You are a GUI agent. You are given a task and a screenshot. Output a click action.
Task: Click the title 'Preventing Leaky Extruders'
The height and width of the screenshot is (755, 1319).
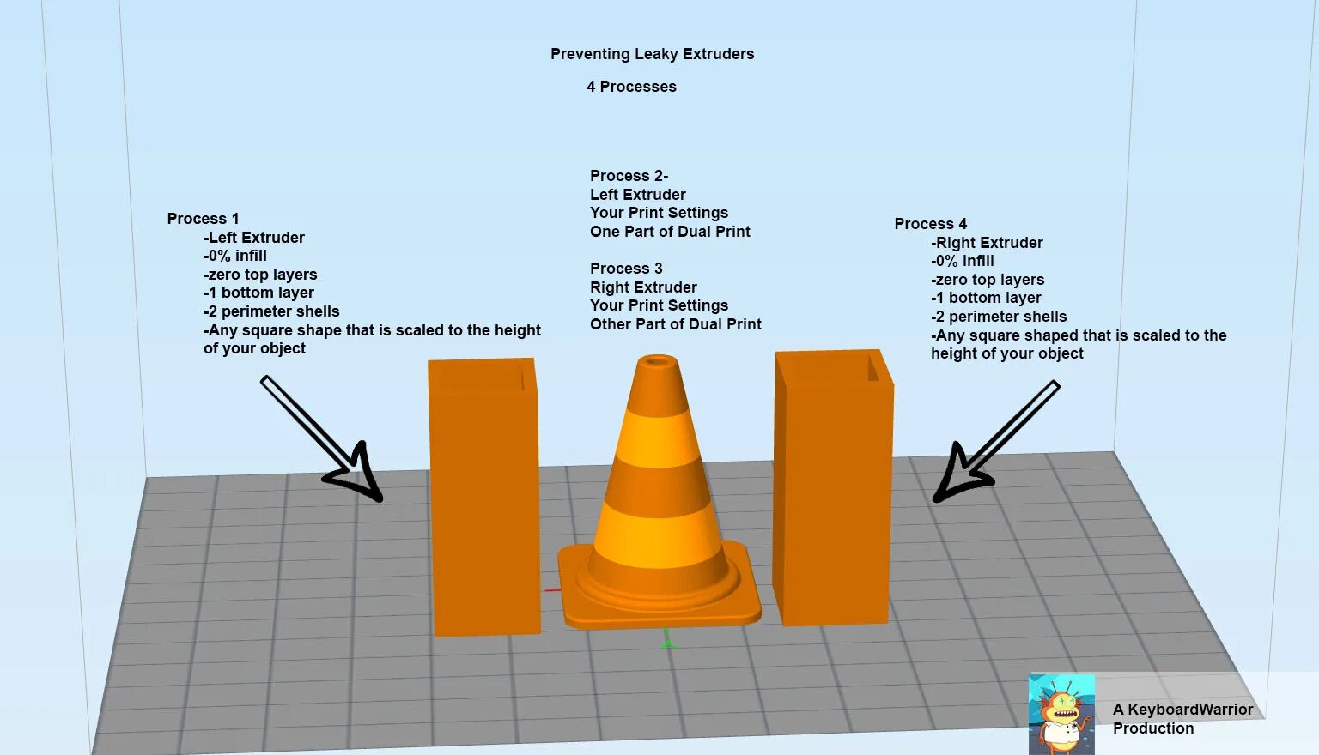point(652,54)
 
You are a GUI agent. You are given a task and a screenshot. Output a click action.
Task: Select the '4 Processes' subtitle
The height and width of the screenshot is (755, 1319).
point(631,87)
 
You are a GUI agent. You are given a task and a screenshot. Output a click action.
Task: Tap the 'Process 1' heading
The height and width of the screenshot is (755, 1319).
point(203,219)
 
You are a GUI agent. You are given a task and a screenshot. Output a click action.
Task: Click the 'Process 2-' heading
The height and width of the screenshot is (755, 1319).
point(629,176)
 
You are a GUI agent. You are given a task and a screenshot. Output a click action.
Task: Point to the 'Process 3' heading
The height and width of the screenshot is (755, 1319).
point(626,269)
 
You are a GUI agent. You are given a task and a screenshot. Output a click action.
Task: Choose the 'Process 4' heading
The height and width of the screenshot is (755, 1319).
point(930,224)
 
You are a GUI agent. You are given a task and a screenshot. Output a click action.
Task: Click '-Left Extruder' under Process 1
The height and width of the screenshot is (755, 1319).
point(254,238)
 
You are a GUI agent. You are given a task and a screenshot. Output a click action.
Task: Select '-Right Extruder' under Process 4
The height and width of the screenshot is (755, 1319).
point(987,243)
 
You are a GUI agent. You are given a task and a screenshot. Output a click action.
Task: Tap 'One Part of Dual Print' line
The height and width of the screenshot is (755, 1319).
point(670,232)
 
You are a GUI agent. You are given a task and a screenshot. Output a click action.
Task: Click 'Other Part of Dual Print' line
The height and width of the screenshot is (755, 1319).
point(675,324)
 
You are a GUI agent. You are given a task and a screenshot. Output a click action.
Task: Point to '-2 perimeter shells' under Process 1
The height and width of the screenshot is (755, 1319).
point(271,311)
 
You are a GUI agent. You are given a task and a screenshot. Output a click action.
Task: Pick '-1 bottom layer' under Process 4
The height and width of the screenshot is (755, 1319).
point(986,298)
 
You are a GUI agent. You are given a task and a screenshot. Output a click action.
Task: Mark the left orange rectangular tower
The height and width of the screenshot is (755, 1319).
point(485,506)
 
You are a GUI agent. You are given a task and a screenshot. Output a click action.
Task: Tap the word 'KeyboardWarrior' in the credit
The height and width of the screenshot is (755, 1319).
point(1189,710)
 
